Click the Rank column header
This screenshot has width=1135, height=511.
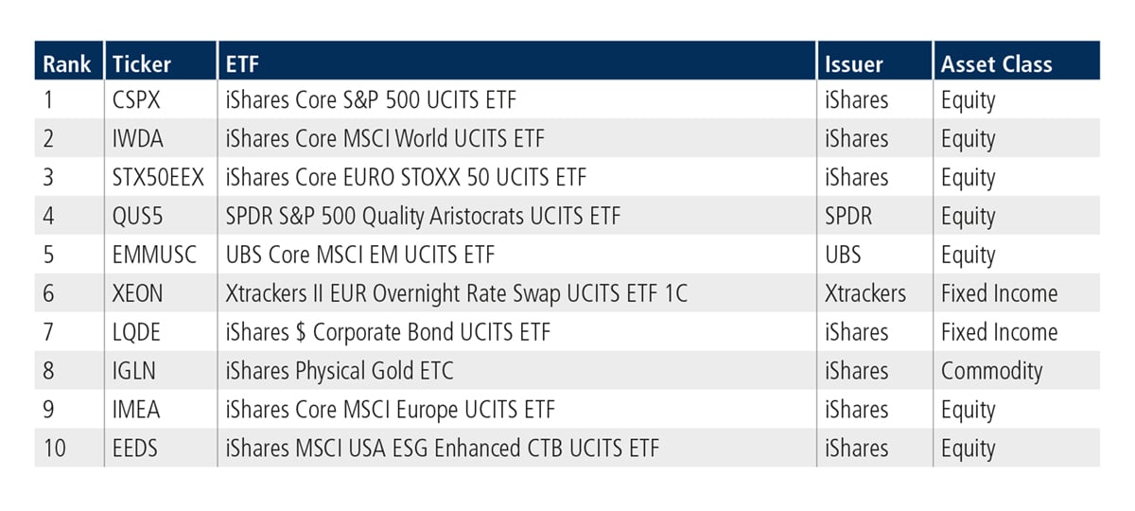(66, 64)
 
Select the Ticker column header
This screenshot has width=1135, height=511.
(141, 64)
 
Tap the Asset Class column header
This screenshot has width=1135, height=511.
(996, 64)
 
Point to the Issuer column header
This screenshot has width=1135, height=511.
(854, 64)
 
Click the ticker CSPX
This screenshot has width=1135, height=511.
(136, 100)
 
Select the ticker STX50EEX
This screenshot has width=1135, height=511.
(158, 178)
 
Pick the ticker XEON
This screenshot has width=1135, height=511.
(137, 293)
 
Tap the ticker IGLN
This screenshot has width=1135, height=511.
(133, 371)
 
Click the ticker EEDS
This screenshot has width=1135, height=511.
(134, 449)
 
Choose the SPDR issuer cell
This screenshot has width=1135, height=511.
(848, 216)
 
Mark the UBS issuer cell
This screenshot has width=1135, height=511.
(843, 255)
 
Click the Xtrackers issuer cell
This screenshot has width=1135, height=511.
(864, 293)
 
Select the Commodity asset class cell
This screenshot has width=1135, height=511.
(991, 372)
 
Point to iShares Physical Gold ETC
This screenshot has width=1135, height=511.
(340, 372)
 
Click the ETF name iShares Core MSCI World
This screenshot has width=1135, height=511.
(337, 138)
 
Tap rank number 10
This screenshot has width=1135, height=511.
(55, 449)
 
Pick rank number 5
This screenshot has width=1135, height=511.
(48, 255)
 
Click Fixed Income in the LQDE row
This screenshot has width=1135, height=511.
(999, 332)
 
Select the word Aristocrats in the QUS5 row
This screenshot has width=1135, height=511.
(477, 216)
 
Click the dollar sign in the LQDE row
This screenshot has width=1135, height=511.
(301, 332)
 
